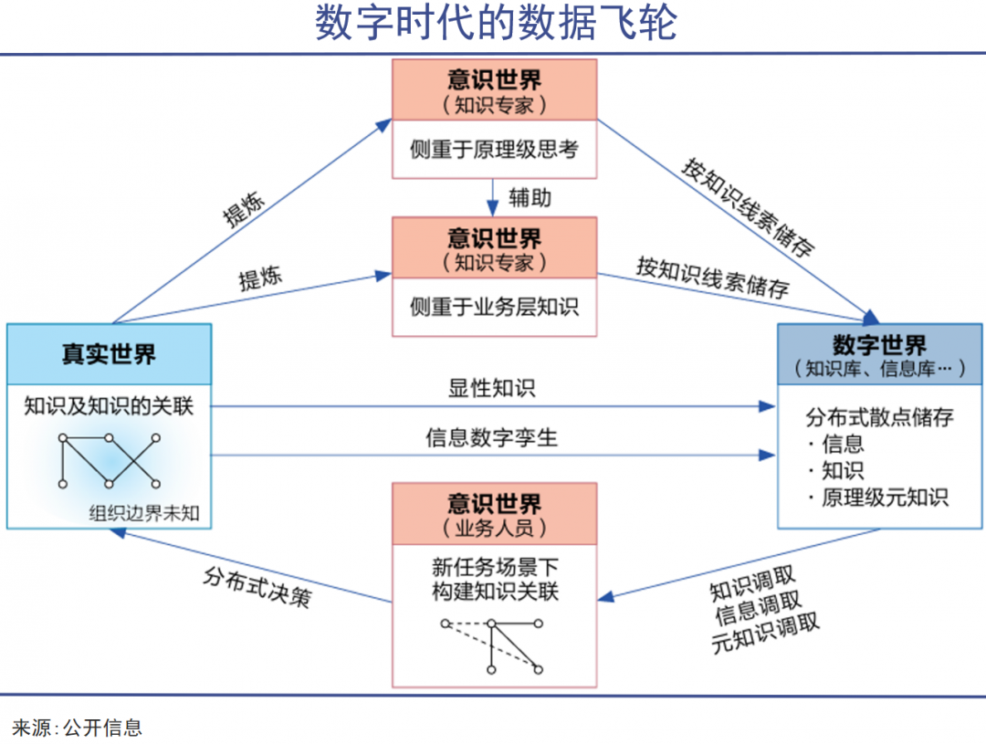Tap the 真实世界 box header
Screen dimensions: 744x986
(x=109, y=353)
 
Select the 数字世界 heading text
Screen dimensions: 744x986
(x=879, y=345)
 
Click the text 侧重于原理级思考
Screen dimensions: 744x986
(x=494, y=150)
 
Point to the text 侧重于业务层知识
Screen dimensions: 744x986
(x=494, y=306)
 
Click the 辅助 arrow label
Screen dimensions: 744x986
(x=530, y=196)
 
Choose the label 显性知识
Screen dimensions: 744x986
(x=492, y=388)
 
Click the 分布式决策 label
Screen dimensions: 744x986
(x=257, y=583)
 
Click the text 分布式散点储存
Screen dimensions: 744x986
(x=879, y=417)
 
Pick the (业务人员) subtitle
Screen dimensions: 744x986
(x=494, y=527)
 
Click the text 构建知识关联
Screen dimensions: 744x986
(x=494, y=592)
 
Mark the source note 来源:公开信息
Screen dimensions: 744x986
(x=77, y=728)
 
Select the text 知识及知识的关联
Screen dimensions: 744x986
(x=109, y=405)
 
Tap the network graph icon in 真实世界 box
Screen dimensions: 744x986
(x=109, y=460)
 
